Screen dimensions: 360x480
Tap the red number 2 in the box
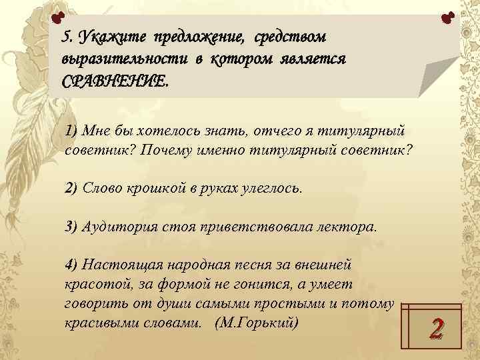(x=437, y=327)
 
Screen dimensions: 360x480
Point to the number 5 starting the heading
(x=65, y=35)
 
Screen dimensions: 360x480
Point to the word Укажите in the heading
(x=112, y=35)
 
